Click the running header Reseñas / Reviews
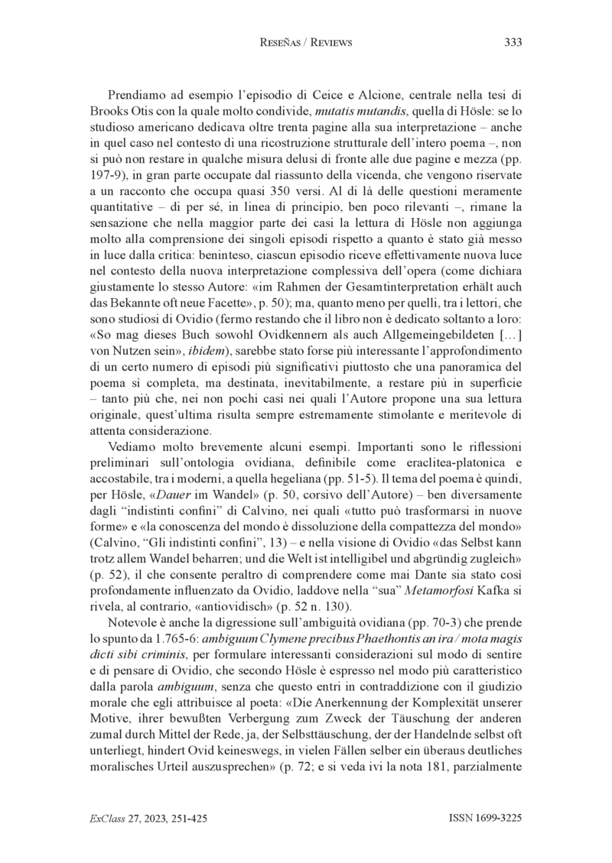(306, 43)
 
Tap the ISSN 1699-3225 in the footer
(485, 818)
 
